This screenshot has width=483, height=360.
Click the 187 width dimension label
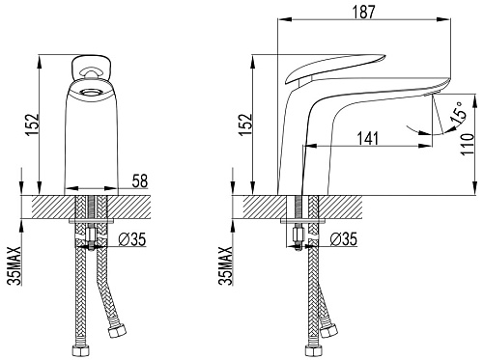(363, 12)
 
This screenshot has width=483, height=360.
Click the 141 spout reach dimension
(368, 139)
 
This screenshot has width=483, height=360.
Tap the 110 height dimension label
(468, 145)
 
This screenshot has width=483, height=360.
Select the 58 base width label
(140, 181)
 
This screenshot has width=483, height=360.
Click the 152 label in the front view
(33, 125)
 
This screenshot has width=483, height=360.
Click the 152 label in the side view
(245, 125)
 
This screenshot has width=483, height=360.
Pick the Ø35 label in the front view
(132, 239)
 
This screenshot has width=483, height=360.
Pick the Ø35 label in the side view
(344, 239)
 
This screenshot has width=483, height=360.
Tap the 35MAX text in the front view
(14, 266)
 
